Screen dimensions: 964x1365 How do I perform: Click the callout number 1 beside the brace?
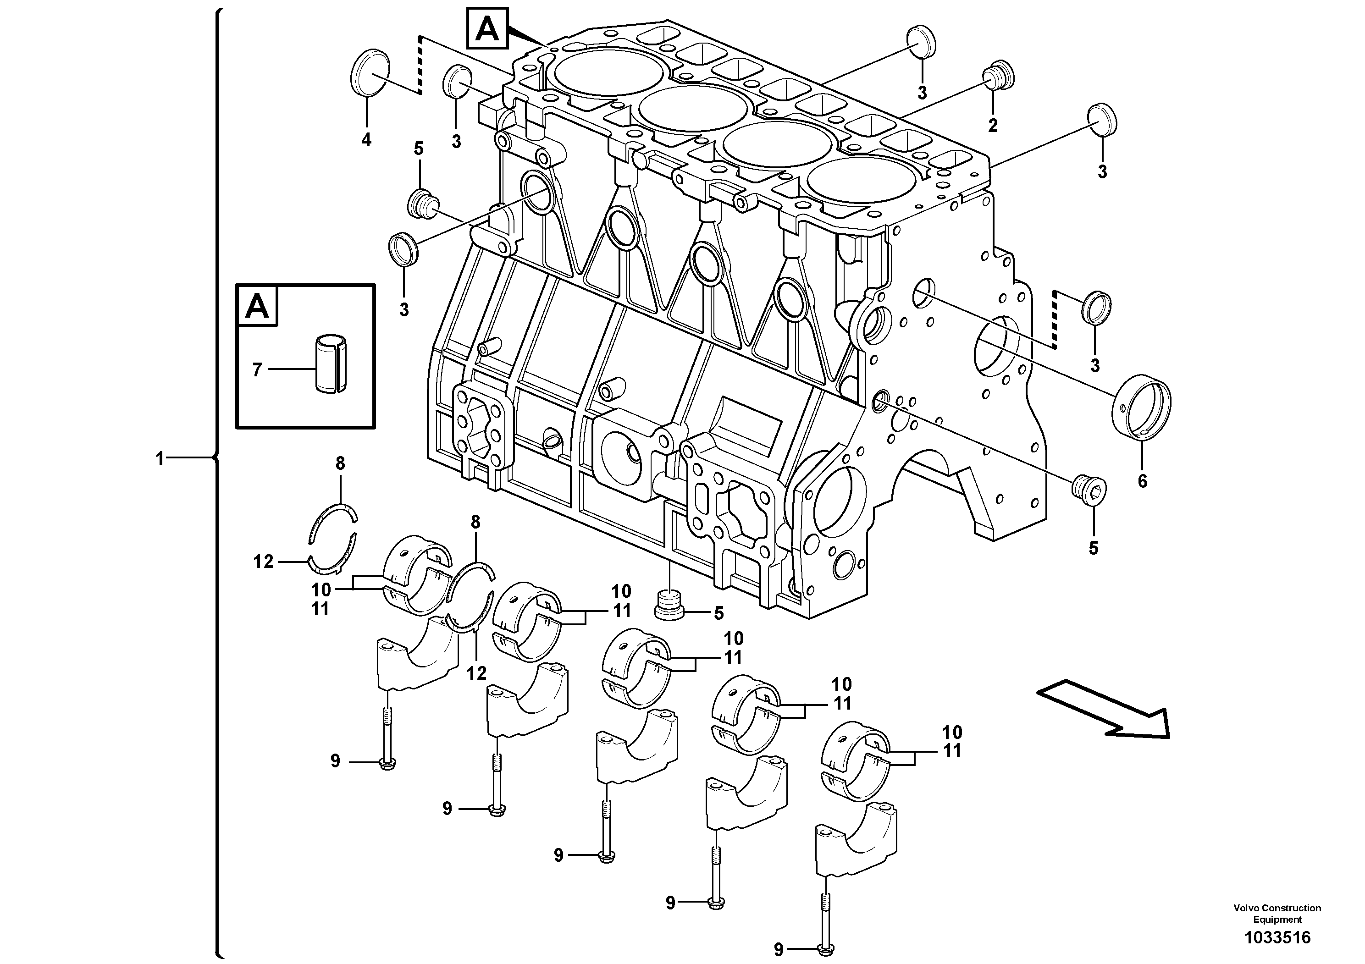coord(159,458)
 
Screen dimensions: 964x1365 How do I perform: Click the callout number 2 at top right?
coord(993,126)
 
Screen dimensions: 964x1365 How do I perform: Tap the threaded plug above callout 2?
coord(998,76)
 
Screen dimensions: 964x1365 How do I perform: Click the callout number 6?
coord(1142,481)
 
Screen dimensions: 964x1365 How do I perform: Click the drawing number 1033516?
coord(1277,938)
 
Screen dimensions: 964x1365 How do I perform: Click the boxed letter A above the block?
coord(487,28)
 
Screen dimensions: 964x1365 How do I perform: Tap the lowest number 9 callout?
coord(779,948)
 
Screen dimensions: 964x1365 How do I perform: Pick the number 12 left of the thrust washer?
coord(263,561)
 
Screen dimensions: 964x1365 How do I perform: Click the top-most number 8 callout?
coord(340,463)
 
